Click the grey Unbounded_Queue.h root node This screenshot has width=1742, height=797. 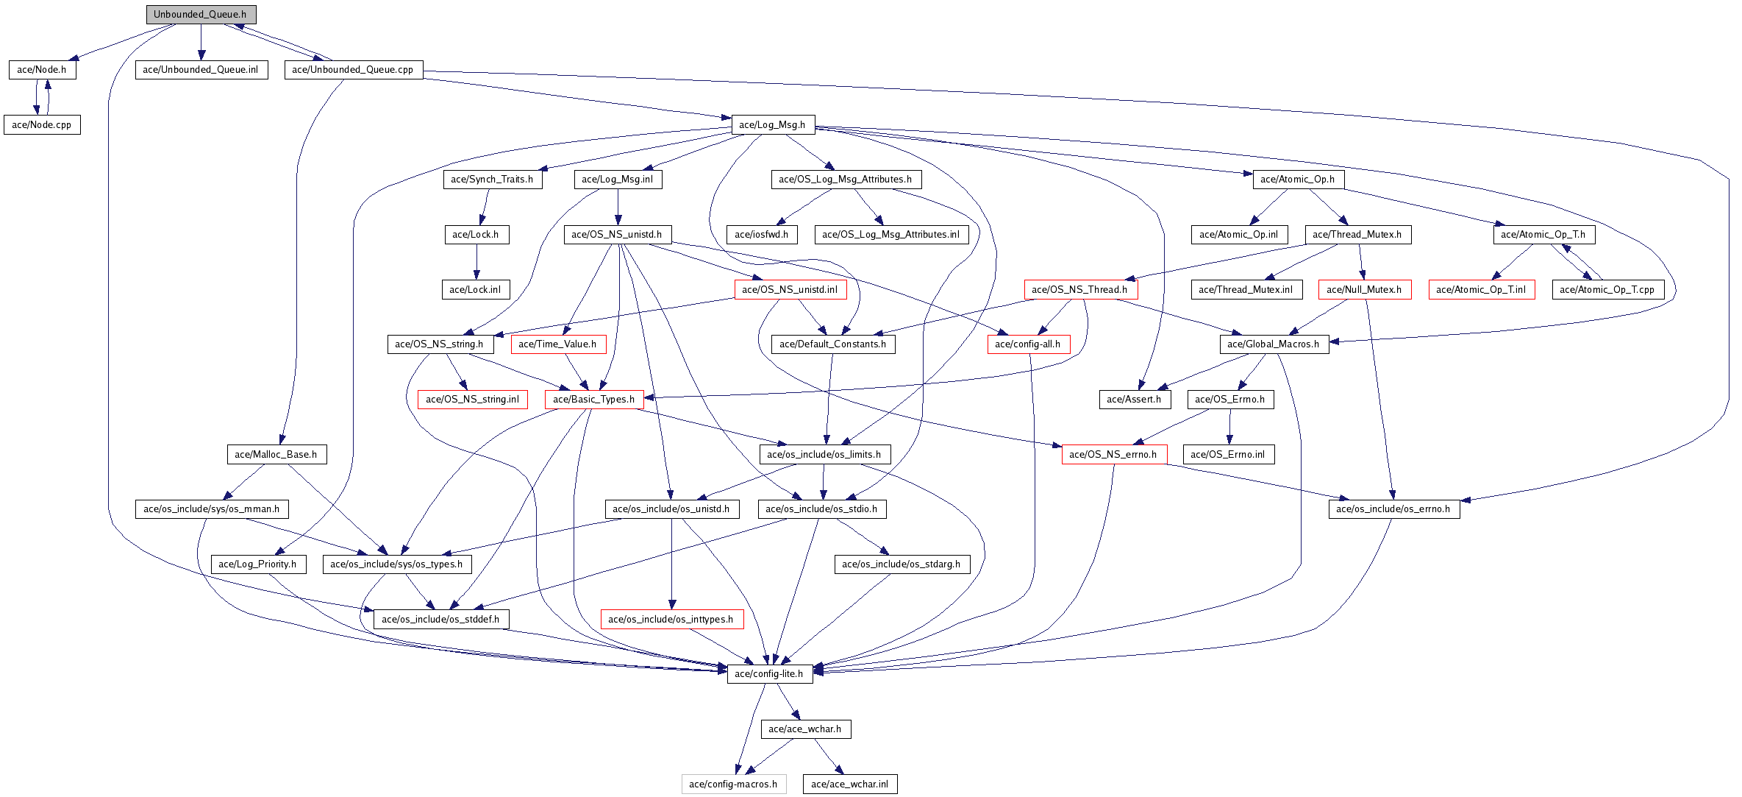coord(200,14)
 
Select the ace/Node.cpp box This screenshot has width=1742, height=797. coord(42,124)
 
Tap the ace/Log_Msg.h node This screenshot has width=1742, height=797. coord(772,124)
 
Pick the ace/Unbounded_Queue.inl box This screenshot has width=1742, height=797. coord(201,69)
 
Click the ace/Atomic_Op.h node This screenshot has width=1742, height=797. coord(1297,179)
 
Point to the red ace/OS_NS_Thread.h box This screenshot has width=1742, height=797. coord(1079,289)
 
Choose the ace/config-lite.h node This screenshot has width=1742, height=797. coord(769,673)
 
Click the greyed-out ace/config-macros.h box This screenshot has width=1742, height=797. coord(733,784)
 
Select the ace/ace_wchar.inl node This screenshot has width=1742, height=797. coord(849,784)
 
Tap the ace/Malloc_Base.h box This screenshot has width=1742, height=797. coord(276,454)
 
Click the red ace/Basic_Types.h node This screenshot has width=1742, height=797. coord(593,399)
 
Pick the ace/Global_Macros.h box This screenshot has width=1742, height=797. coord(1273,344)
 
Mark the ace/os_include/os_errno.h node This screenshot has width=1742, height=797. coord(1393,509)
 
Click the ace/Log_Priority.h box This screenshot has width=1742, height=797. coord(257,564)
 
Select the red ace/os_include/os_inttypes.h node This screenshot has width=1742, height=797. coord(671,619)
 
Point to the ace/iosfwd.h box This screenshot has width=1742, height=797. coord(761,234)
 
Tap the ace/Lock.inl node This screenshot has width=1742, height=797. coord(475,289)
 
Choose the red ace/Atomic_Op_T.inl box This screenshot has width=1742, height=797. coord(1480,289)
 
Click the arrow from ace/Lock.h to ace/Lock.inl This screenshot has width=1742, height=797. coord(476,262)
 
